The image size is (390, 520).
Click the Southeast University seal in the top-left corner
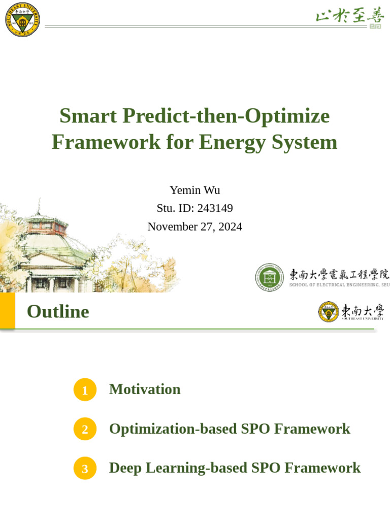(22, 20)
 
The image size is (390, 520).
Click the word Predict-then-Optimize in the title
(227, 116)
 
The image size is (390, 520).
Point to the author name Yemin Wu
(194, 190)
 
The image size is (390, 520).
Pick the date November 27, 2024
(194, 226)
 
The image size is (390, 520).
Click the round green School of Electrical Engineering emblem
(269, 277)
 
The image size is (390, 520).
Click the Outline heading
(58, 311)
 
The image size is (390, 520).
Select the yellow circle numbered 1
(85, 390)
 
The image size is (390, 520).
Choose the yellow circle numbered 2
(85, 429)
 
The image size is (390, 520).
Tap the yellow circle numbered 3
(85, 468)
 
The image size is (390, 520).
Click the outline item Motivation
(145, 389)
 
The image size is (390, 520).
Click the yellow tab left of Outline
(7, 310)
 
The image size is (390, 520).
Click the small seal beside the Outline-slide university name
(329, 311)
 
